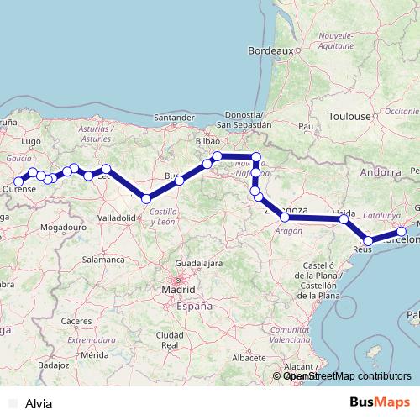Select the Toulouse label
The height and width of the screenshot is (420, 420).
coord(350,115)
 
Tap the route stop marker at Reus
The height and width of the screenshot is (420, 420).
coord(368,241)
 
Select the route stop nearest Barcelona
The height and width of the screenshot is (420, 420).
coord(402,231)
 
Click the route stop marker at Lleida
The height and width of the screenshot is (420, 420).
coord(344,219)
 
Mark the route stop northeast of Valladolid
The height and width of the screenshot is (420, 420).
coord(146,199)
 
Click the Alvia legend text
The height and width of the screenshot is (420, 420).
coord(39,403)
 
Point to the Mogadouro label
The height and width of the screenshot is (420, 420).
coord(65,227)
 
